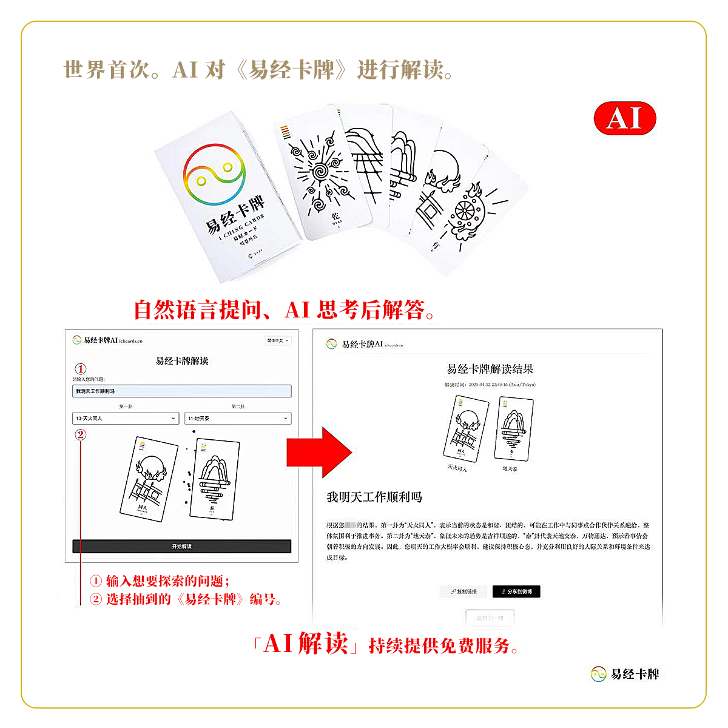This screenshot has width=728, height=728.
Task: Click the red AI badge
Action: click(x=624, y=118)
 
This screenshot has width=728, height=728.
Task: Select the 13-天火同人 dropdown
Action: click(x=126, y=418)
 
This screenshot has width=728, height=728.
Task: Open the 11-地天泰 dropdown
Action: click(x=238, y=418)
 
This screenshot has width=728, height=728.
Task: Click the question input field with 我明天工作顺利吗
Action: click(x=181, y=391)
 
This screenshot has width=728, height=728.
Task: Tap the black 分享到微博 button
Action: click(x=516, y=591)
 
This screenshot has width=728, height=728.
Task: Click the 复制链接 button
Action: click(x=464, y=591)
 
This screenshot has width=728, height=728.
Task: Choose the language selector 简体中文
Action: click(x=278, y=341)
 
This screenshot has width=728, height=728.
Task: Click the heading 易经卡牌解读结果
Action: click(x=490, y=369)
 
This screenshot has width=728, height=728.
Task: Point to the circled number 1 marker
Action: click(x=80, y=369)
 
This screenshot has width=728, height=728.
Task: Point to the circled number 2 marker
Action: click(x=80, y=434)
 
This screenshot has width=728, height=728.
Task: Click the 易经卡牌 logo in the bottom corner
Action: click(x=625, y=674)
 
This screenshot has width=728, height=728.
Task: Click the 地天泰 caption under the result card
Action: click(x=510, y=469)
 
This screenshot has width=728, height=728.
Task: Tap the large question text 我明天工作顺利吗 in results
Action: click(x=374, y=497)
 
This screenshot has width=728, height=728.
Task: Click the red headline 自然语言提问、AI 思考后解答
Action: click(x=284, y=310)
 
